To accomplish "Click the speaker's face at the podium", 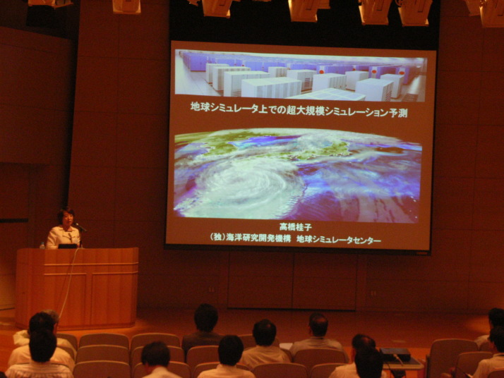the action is point(66,219).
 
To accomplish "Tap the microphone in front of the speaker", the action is point(80,227).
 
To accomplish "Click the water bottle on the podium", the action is point(42,245).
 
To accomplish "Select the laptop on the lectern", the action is point(68,246).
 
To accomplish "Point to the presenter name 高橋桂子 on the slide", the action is point(295,227).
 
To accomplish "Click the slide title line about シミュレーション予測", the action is point(299,110).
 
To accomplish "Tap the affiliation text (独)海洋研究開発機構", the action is point(251,238).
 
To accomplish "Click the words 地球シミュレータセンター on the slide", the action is point(339,240).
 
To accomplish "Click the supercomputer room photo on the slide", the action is point(300,75).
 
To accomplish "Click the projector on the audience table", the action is point(395,354).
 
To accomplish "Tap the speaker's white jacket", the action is point(63,237).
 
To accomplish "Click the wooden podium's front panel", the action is point(77,288).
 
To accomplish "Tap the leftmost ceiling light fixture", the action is point(50,4).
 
